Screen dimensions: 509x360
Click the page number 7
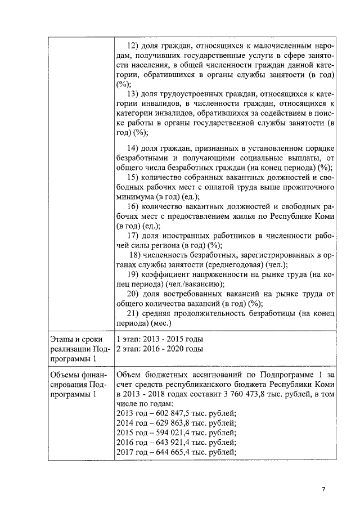point(323,489)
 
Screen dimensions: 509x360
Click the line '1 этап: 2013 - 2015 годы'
point(159,340)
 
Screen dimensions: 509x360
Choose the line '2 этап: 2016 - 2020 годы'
point(159,350)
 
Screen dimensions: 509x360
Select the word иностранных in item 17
point(186,236)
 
